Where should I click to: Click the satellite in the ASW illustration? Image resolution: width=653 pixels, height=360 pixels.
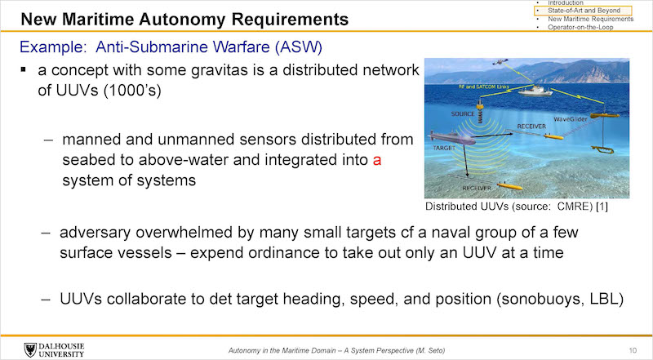(500, 62)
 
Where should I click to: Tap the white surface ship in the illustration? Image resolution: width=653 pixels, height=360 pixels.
(535, 91)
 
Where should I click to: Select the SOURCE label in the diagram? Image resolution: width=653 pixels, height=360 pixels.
(463, 113)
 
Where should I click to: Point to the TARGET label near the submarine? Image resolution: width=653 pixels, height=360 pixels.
(444, 148)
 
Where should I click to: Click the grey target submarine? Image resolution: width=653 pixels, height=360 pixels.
(452, 137)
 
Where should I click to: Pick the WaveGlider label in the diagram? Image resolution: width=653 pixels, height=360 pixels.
(571, 119)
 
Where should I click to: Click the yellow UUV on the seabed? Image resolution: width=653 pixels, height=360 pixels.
(509, 186)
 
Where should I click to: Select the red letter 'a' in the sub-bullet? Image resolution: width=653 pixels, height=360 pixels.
(377, 161)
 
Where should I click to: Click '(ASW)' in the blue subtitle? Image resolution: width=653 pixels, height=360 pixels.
(299, 47)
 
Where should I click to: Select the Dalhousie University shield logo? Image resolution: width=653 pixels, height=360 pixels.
(30, 350)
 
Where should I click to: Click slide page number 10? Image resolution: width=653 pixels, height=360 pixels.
(633, 350)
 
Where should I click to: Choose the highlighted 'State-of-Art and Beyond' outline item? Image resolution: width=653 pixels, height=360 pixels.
(584, 11)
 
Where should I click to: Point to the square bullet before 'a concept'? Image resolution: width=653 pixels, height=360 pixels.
(24, 69)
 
